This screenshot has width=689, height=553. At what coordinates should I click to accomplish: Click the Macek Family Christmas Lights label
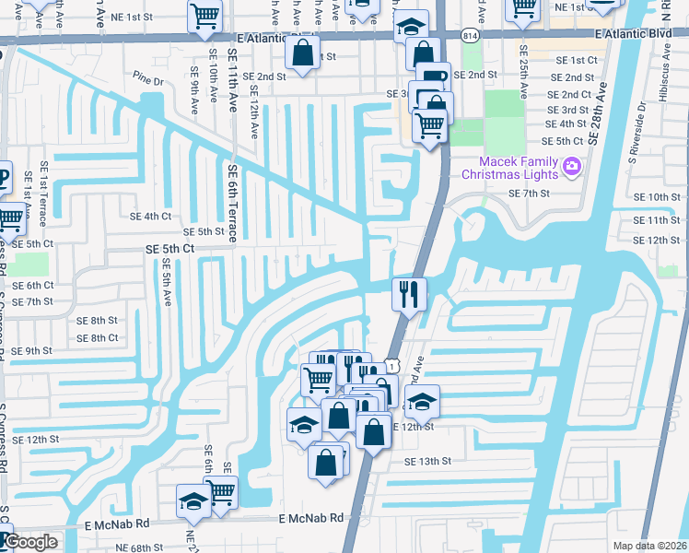click(509, 168)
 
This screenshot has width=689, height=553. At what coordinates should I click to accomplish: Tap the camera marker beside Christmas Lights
click(572, 167)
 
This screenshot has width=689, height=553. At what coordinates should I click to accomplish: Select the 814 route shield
click(470, 35)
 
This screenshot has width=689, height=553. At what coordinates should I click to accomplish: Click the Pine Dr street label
click(147, 81)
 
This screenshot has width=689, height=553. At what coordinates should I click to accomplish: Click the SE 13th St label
click(428, 461)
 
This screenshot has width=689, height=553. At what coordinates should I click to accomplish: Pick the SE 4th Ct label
click(151, 217)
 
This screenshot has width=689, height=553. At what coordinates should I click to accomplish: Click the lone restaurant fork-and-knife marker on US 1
click(407, 295)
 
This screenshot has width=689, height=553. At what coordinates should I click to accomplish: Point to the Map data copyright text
click(650, 546)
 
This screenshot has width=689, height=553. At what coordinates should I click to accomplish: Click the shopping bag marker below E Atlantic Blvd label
click(302, 53)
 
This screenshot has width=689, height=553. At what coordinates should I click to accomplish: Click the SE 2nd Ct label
click(568, 94)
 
